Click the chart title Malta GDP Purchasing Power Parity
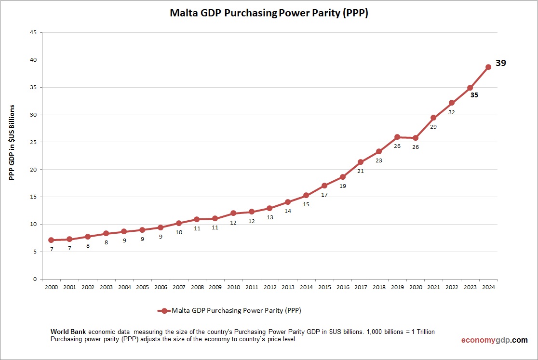(x=269, y=13)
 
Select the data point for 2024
(x=488, y=67)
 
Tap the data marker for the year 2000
(x=51, y=240)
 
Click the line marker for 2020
(x=415, y=138)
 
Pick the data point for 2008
(x=197, y=219)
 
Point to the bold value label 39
(x=501, y=63)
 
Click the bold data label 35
(x=474, y=95)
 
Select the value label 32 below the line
(x=452, y=112)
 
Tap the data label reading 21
(x=361, y=171)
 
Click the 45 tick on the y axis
(x=33, y=33)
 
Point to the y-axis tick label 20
(x=33, y=170)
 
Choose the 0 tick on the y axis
(x=35, y=279)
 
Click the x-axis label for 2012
(x=269, y=287)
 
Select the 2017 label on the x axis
(x=361, y=287)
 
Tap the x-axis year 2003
(x=106, y=287)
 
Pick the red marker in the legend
(x=164, y=311)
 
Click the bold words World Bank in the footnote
(x=68, y=333)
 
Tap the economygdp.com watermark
(x=494, y=340)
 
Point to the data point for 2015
(x=324, y=186)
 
